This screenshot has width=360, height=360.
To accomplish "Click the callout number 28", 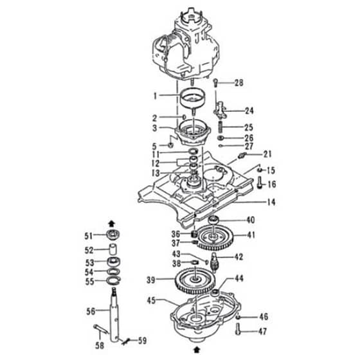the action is coord(239,83).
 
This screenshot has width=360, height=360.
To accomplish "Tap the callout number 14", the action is coord(271,203).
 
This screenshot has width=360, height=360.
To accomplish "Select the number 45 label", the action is coord(151,300).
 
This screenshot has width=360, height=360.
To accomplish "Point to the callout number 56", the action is coord(91,311).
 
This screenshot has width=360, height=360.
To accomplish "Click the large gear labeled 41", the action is coord(215,239).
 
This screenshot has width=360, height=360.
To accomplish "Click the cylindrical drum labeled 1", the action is coord(192,98).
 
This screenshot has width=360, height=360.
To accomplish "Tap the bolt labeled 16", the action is coord(260,183).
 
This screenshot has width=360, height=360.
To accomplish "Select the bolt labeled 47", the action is coord(239,328).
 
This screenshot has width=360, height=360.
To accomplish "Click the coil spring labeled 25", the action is coord(221,127).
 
